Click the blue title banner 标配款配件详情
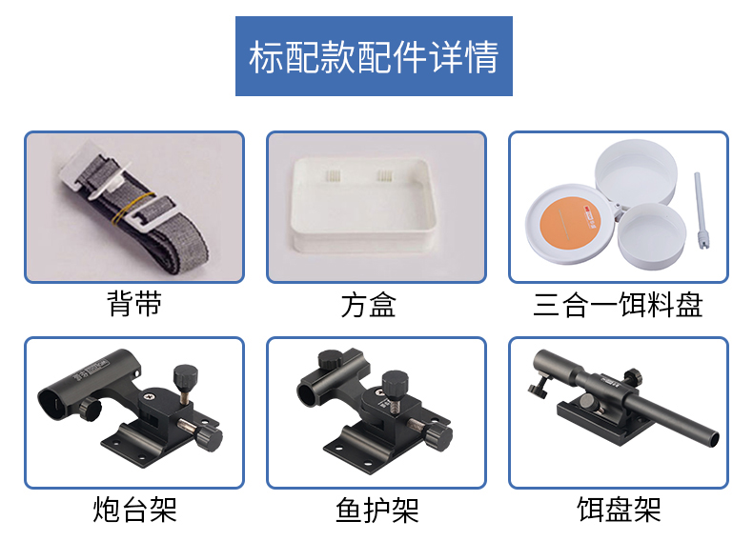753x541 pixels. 374,56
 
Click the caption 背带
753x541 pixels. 134,304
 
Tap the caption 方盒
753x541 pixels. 368,305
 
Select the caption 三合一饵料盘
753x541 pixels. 618,305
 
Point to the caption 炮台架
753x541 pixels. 134,509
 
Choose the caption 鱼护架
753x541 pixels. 376,510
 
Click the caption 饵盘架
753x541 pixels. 619,509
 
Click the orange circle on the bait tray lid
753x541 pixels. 570,223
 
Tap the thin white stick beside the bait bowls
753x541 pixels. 702,210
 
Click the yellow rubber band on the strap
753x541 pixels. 133,209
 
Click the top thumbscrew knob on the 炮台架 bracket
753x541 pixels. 185,374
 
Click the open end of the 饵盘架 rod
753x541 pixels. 715,438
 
